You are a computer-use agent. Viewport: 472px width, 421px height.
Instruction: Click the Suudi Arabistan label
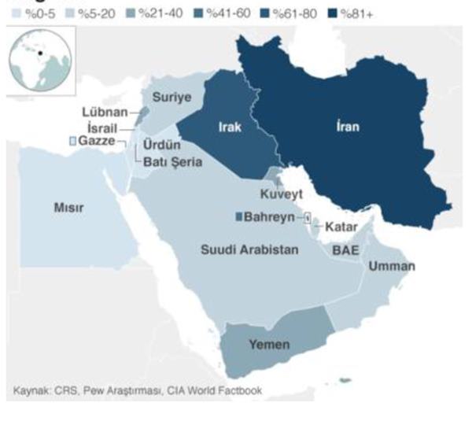(249, 249)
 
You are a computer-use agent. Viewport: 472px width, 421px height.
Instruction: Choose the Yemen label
(268, 345)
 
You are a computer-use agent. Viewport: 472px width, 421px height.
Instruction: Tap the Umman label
(391, 266)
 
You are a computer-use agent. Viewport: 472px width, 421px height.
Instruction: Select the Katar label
(342, 227)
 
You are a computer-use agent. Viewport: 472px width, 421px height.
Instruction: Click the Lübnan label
(109, 113)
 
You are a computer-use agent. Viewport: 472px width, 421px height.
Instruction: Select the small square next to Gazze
(73, 140)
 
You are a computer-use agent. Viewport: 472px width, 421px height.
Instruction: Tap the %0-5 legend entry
(32, 14)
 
